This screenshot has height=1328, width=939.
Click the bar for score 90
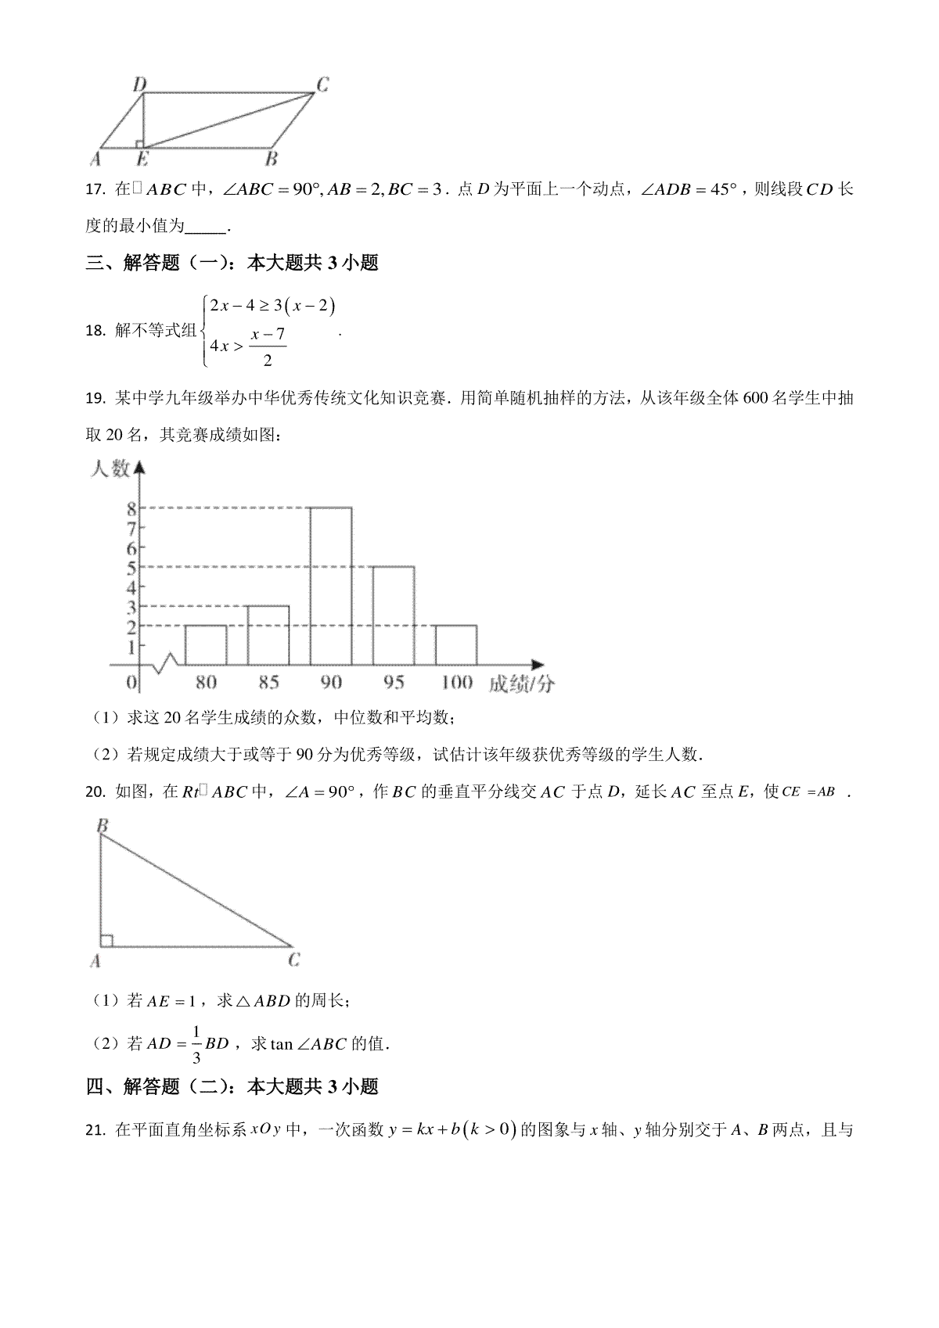331,587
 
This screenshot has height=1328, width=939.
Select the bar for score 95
394,616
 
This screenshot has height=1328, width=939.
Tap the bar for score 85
268,635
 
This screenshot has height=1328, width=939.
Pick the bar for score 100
456,645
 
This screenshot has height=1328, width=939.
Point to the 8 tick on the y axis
132,508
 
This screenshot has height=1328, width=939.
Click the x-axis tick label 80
206,683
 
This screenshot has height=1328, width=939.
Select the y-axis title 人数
110,469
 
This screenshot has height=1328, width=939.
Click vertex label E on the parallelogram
142,160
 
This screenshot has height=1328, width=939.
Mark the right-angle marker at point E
139,143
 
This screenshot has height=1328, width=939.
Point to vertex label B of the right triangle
102,826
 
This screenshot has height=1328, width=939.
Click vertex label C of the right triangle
294,960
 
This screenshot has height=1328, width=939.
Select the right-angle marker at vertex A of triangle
106,940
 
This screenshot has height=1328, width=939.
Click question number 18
95,331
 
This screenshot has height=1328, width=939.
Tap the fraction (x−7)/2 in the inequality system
268,347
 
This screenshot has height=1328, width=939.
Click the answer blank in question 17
206,228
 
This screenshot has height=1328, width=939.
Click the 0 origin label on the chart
132,683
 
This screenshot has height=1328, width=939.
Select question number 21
95,1130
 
